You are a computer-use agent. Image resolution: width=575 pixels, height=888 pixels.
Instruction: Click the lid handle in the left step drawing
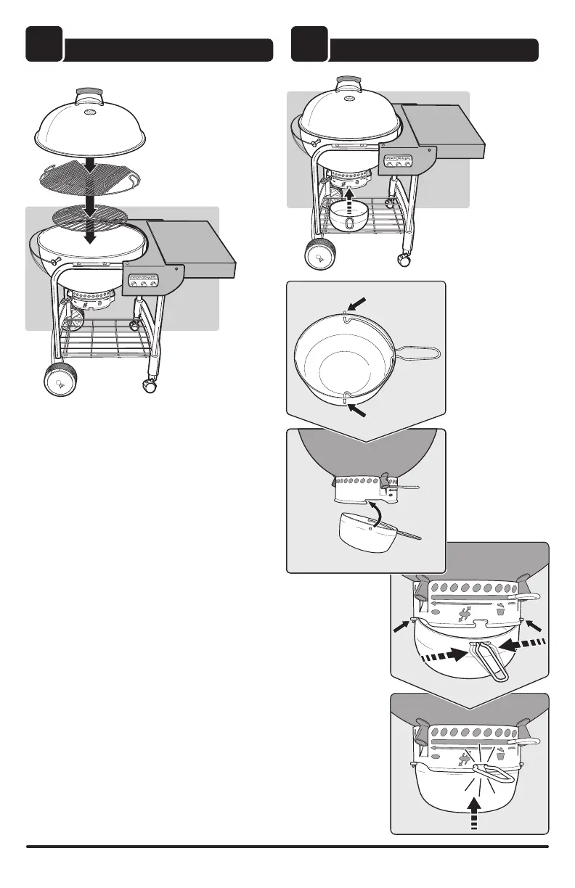[89, 91]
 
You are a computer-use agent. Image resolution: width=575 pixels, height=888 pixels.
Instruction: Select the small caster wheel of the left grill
[150, 387]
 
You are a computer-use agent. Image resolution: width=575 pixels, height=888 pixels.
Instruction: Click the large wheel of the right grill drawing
[318, 255]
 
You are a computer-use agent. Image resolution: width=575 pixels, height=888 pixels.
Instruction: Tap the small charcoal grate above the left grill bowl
[89, 216]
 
